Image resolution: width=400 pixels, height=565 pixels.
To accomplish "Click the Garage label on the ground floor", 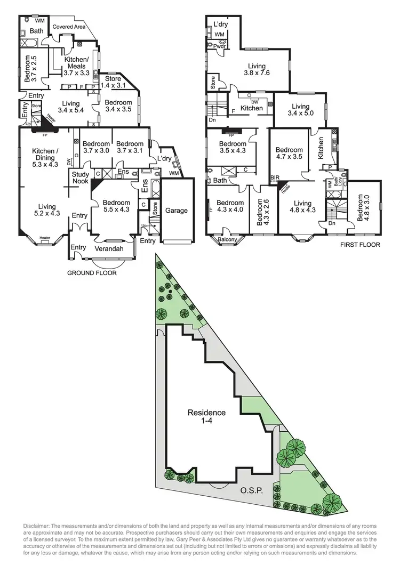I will click(176, 211).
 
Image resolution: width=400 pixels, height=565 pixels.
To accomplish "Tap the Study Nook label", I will click(81, 178).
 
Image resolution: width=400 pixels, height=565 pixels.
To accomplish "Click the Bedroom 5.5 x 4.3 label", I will click(116, 206).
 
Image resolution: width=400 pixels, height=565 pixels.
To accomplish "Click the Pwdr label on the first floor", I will click(220, 46).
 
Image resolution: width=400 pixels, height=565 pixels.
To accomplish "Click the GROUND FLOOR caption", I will click(92, 273).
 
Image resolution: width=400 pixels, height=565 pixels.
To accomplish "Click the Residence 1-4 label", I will click(206, 417).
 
